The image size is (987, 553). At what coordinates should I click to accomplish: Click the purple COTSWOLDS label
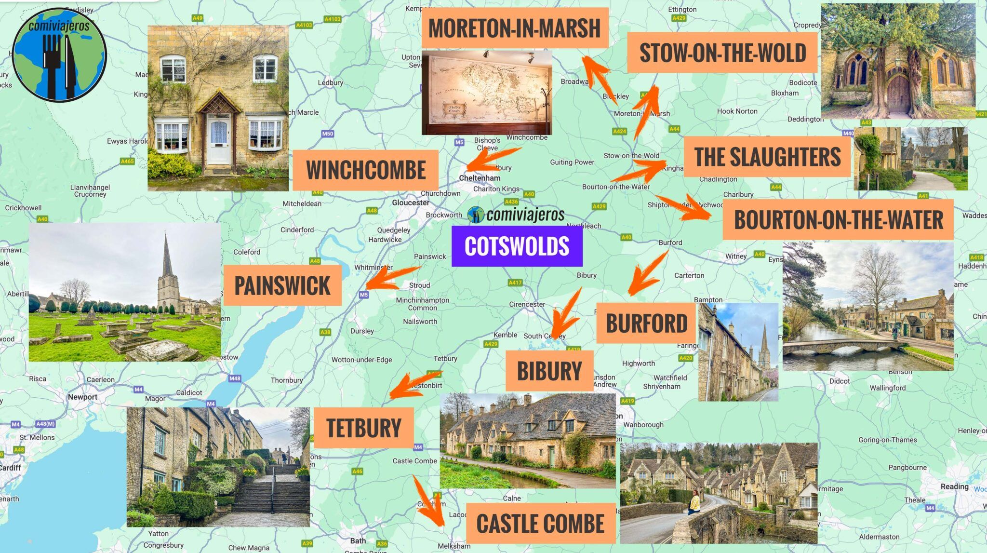click(x=517, y=246)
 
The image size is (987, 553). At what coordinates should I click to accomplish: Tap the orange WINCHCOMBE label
click(x=365, y=170)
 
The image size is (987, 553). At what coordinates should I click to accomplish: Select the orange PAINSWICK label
click(x=282, y=285)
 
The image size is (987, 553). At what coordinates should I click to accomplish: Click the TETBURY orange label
click(x=364, y=428)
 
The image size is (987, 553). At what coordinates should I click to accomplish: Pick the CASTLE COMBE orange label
click(x=540, y=524)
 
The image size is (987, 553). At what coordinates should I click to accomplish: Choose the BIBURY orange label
click(x=549, y=371)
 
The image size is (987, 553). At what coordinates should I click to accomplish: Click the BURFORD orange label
click(x=646, y=323)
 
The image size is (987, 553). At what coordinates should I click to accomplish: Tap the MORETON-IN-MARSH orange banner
click(x=514, y=28)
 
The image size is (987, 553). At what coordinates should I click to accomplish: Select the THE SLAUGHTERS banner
click(x=767, y=157)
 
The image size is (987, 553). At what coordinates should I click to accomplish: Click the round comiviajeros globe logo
click(x=59, y=54)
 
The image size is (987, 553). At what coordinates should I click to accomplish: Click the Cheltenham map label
click(x=480, y=178)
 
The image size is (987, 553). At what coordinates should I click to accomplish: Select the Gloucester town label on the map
click(x=410, y=203)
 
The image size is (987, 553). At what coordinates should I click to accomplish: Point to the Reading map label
click(x=954, y=486)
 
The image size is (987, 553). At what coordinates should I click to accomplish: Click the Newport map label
click(x=82, y=397)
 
